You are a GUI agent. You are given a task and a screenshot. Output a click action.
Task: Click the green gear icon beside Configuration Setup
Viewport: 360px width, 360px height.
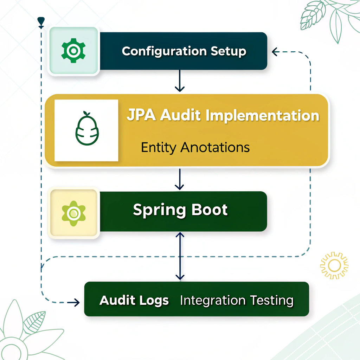point(73,51)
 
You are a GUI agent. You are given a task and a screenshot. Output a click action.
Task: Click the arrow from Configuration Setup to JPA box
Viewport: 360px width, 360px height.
point(180,81)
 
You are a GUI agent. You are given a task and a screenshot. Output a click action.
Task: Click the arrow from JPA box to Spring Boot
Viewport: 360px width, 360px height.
point(180,180)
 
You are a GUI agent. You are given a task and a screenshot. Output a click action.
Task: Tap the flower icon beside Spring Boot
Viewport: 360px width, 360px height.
point(73,212)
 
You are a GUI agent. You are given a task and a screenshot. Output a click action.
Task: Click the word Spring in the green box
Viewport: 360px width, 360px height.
point(159,210)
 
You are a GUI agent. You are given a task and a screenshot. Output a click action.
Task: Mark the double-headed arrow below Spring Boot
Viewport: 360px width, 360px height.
point(180,256)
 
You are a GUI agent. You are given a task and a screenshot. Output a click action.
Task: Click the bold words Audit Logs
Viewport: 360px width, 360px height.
point(134,301)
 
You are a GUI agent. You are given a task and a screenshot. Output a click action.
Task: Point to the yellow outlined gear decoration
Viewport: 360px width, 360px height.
point(334,265)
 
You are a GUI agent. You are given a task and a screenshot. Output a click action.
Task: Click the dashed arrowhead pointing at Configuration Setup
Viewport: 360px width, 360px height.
point(275,52)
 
